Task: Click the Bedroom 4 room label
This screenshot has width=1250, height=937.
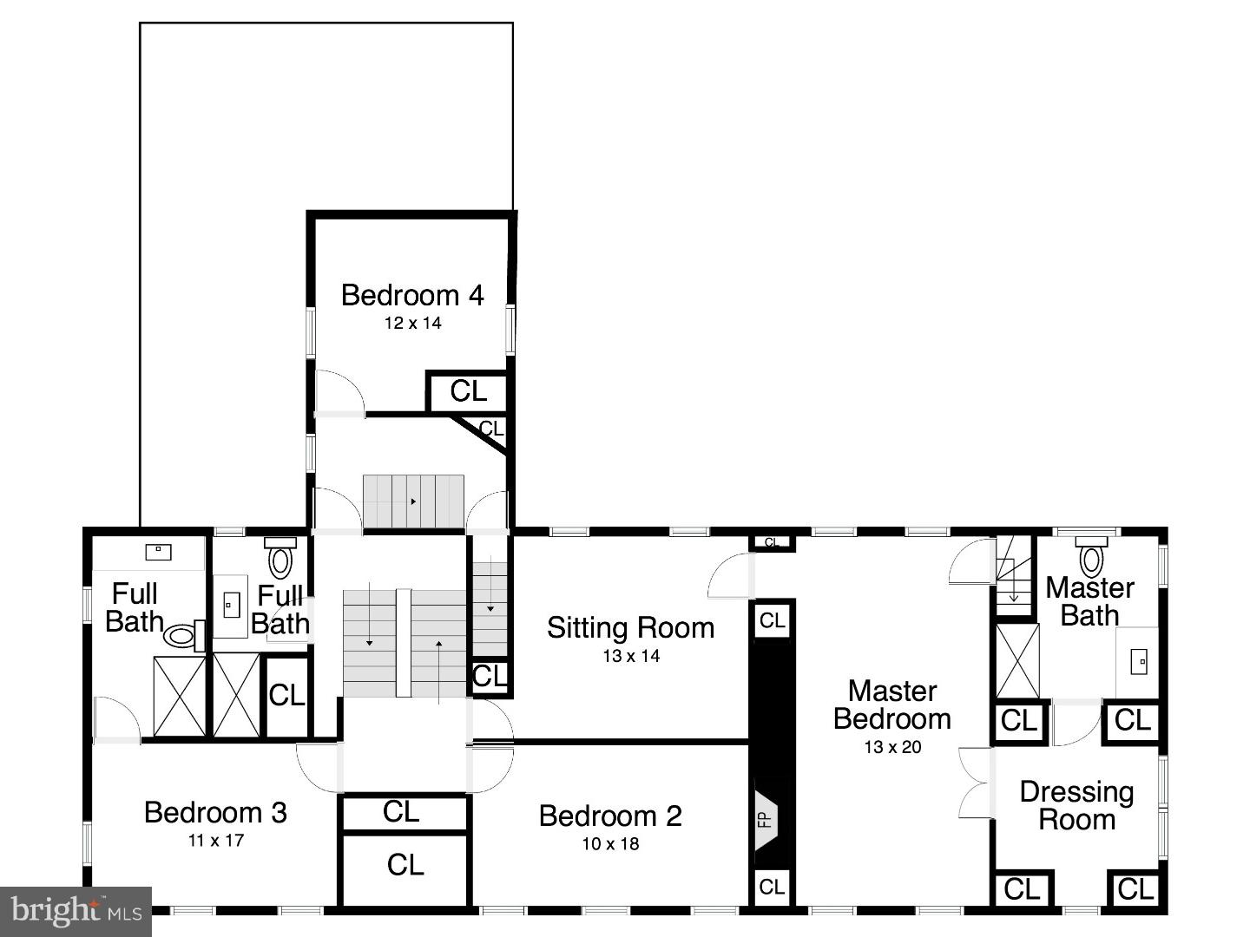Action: coord(411,296)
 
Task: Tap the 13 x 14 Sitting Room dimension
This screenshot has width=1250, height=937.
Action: coord(631,657)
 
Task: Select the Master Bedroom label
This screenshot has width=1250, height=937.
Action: coord(891,704)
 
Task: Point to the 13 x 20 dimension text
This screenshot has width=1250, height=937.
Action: coord(891,747)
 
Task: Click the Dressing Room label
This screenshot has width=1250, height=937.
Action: coord(1076,805)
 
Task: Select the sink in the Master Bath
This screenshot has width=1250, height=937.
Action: coord(1137,662)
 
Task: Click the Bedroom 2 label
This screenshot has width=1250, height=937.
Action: coord(610,816)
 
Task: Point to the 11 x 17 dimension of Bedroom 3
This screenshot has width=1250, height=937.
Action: coord(215,841)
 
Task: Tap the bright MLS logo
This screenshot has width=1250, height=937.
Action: coord(76,911)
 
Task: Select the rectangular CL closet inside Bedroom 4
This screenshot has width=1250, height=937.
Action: coord(468,392)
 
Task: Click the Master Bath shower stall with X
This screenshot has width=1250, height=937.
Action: coord(1016,660)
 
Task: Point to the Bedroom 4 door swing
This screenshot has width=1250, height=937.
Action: coord(339,392)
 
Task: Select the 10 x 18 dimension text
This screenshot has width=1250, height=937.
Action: coord(610,844)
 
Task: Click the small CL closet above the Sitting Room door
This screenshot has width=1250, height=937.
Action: coord(771,543)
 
